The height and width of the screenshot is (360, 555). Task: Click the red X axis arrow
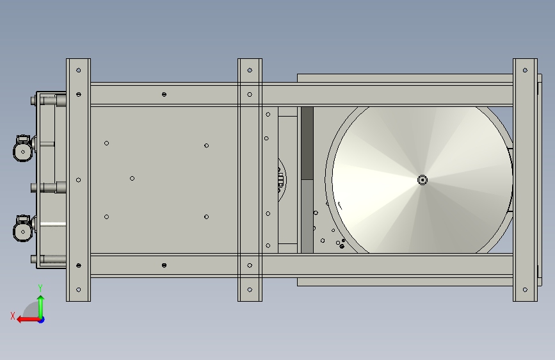[28, 320]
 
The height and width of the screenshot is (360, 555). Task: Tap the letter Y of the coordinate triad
[40, 288]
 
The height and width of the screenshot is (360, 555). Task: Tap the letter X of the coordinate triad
[13, 316]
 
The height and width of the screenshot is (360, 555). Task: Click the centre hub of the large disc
[422, 180]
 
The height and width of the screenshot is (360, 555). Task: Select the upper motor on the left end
[24, 149]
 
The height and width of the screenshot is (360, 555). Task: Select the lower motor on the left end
[24, 229]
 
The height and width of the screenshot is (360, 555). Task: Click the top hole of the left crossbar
[79, 70]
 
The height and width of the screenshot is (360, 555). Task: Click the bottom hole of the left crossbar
[79, 290]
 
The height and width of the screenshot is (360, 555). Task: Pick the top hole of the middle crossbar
[250, 70]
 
